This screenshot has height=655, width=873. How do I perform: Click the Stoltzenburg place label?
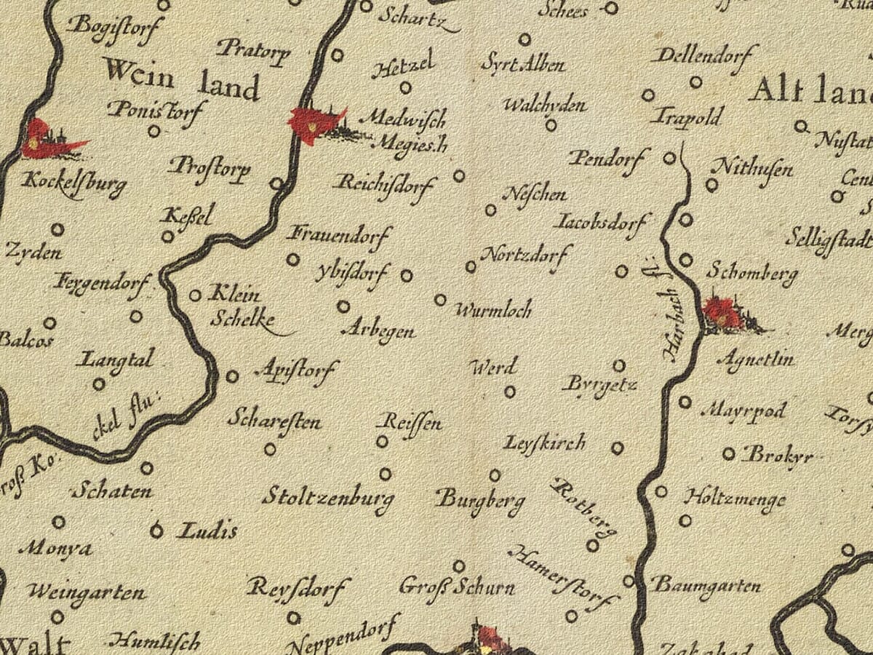pos(328,499)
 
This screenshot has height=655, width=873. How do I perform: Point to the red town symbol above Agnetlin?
pos(725,313)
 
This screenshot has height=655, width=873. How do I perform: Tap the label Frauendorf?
pos(339,234)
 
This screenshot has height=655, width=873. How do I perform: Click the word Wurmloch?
pos(493,310)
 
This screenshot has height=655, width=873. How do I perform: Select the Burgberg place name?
pos(480,500)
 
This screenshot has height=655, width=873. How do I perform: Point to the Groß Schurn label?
pos(457,587)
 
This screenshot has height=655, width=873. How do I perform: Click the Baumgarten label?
pos(705,585)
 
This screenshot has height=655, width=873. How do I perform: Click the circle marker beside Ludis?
pos(156,531)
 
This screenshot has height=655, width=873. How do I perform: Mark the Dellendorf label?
pos(704,55)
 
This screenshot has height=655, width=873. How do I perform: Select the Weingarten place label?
pos(87,592)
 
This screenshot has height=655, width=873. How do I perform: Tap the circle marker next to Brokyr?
pos(728,454)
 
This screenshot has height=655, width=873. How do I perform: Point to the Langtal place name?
pos(116,359)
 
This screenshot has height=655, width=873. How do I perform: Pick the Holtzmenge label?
pos(734,499)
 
